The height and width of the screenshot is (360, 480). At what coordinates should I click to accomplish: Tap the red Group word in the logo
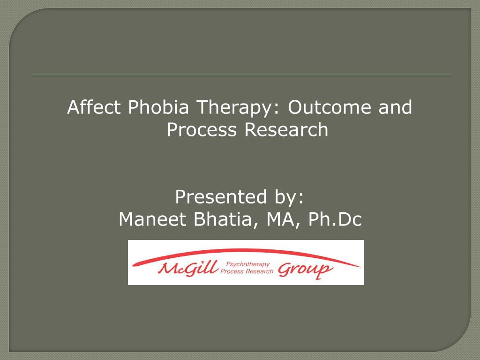pos(305,270)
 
